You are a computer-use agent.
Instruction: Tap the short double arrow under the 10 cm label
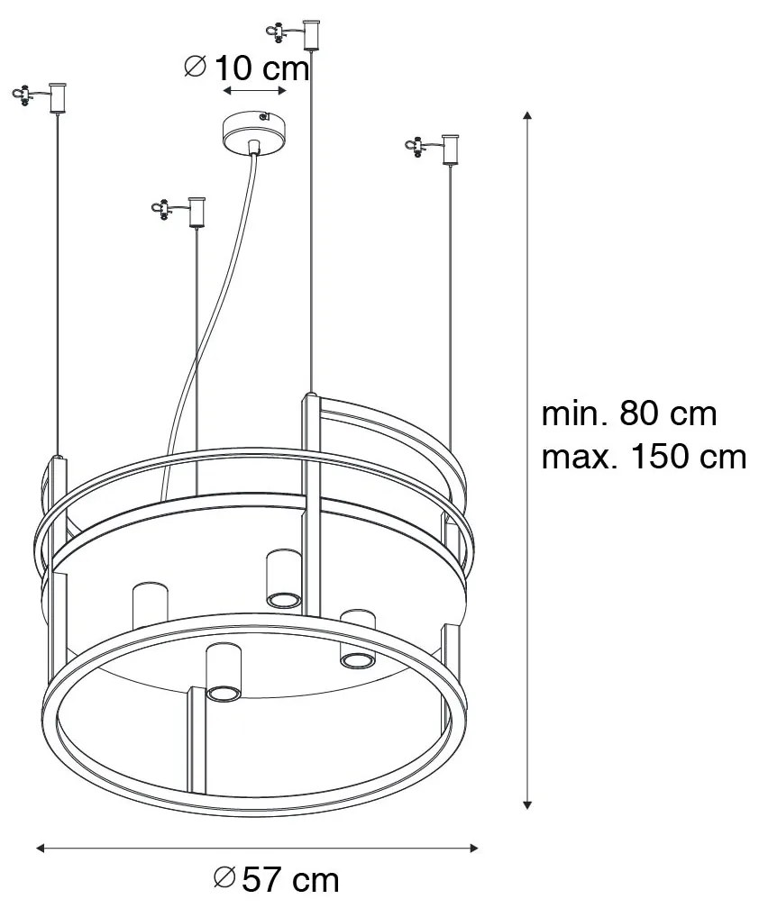coord(255,91)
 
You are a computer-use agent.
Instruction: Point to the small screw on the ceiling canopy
coord(263,116)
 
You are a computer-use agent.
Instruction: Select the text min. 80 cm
coord(628,414)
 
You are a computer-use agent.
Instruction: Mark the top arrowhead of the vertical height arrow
coord(527,116)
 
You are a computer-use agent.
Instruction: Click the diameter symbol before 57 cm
coord(224,877)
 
